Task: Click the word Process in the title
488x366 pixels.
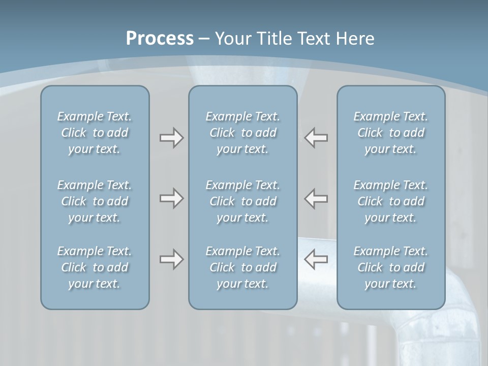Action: pyautogui.click(x=160, y=39)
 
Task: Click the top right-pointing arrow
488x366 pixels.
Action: pyautogui.click(x=171, y=138)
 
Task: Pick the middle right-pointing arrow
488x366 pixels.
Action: pyautogui.click(x=171, y=198)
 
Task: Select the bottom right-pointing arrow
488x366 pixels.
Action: pyautogui.click(x=171, y=259)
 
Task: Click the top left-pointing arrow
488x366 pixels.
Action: pyautogui.click(x=316, y=138)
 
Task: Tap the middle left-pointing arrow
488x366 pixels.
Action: pyautogui.click(x=316, y=198)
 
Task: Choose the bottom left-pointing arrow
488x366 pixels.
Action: pyautogui.click(x=316, y=259)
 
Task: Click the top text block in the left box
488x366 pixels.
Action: pyautogui.click(x=95, y=133)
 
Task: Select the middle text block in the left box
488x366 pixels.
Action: pyautogui.click(x=95, y=201)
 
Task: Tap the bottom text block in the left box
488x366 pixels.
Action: pyautogui.click(x=95, y=267)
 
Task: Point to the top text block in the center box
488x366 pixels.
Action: pyautogui.click(x=242, y=133)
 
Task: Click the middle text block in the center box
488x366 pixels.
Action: pyautogui.click(x=242, y=201)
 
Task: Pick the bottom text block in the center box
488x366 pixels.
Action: pyautogui.click(x=242, y=267)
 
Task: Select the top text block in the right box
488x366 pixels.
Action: pyautogui.click(x=390, y=133)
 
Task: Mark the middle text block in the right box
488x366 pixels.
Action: pyautogui.click(x=390, y=201)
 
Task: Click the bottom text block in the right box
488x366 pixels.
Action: pyautogui.click(x=390, y=267)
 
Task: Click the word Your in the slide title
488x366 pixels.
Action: pyautogui.click(x=233, y=39)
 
